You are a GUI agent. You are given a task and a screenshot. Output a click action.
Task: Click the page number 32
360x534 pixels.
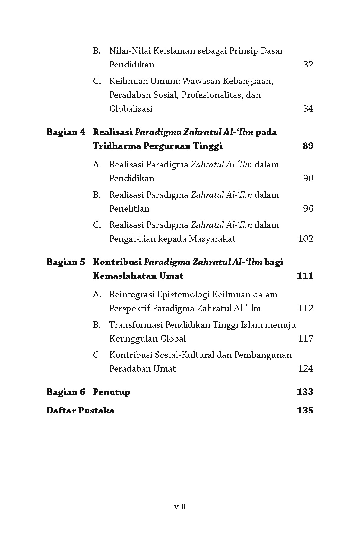(308, 65)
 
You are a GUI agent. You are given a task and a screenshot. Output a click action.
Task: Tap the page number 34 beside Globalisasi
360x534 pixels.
(308, 109)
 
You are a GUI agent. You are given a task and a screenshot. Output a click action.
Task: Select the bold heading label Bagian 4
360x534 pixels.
(66, 132)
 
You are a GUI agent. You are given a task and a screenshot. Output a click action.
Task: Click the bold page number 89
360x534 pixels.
(308, 146)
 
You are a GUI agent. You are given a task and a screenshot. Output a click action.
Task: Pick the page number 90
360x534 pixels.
(308, 178)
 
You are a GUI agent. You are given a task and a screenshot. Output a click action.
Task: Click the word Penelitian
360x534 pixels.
(129, 209)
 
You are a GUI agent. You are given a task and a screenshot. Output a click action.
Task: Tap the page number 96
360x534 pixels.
(308, 209)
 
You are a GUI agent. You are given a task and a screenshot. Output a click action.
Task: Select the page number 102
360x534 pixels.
(305, 239)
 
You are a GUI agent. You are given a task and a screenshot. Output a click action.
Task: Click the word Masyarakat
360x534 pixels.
(212, 239)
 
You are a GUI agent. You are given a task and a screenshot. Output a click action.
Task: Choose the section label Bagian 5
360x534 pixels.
(66, 262)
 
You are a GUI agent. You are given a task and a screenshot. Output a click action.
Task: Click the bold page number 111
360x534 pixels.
(305, 276)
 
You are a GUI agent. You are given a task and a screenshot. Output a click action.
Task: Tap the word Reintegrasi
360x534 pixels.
(132, 294)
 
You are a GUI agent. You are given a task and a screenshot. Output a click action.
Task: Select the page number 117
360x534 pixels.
(305, 339)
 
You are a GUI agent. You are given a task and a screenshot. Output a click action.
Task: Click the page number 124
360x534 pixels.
(305, 369)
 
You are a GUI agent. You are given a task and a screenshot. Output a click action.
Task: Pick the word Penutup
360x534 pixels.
(111, 392)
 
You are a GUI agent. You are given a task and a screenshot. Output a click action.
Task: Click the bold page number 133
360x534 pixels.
(305, 392)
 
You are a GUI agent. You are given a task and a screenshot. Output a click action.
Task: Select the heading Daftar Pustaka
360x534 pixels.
(80, 411)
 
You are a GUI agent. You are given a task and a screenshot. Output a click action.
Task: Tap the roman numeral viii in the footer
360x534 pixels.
(180, 507)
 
